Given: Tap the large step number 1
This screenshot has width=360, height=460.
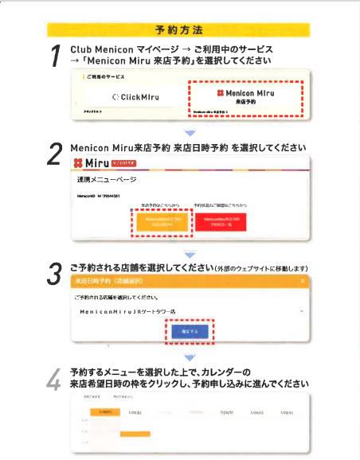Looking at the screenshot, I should (56, 57).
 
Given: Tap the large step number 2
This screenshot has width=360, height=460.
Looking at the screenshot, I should (56, 154).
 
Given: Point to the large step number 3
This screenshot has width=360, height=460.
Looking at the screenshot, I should (56, 273).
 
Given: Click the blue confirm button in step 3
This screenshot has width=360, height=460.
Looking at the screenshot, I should (186, 329).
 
